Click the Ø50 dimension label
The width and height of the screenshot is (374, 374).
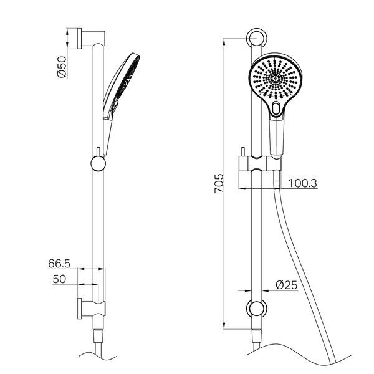(x=62, y=67)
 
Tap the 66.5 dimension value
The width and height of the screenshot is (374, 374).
(x=59, y=264)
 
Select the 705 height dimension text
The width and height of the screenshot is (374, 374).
(x=219, y=183)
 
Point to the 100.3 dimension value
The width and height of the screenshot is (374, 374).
(x=303, y=183)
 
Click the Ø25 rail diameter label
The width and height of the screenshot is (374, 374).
(x=287, y=285)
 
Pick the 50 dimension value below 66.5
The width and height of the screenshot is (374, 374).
(x=59, y=279)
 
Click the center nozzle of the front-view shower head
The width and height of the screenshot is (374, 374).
(x=276, y=78)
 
